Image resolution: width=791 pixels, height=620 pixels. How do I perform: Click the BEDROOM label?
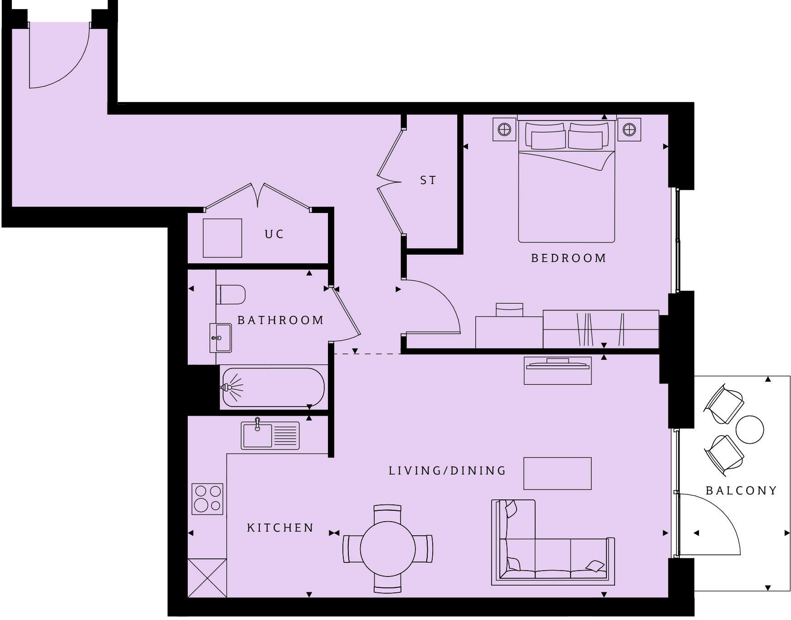tap(568, 258)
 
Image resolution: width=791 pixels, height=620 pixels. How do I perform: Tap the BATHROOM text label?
tap(281, 320)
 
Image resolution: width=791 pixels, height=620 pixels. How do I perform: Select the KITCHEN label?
tap(280, 528)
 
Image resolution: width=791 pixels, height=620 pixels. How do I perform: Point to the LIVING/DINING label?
tap(447, 471)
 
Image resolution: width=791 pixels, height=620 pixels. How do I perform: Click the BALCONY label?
tap(741, 491)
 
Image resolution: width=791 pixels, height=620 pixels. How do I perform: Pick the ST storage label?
tap(428, 180)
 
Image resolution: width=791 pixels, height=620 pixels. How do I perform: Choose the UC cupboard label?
tap(274, 234)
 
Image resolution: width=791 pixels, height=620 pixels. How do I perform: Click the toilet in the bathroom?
tap(231, 295)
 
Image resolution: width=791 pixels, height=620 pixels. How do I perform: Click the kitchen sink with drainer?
tap(270, 435)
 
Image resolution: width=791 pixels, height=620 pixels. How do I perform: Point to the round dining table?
tap(388, 549)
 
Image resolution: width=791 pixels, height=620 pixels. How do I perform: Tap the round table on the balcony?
tap(749, 429)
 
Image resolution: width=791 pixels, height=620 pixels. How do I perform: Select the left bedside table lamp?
tap(504, 130)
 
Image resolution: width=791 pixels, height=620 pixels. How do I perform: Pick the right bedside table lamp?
tap(629, 130)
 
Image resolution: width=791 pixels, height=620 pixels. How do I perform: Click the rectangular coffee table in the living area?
tap(557, 474)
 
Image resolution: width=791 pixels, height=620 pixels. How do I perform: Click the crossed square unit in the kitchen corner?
tap(207, 578)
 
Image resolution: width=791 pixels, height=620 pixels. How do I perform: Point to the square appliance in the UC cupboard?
tap(222, 238)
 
